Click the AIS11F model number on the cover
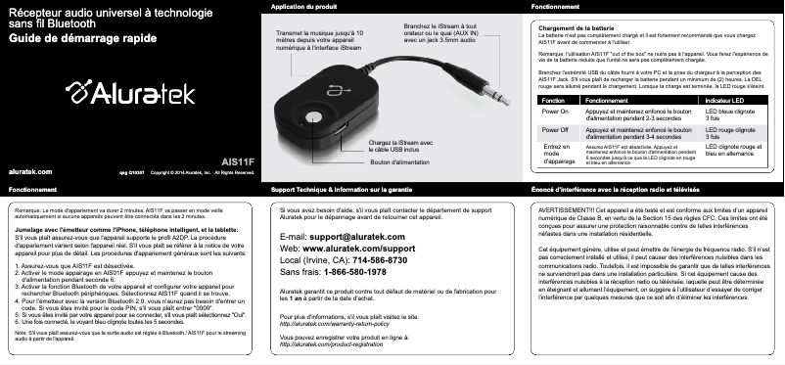pos(239,160)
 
